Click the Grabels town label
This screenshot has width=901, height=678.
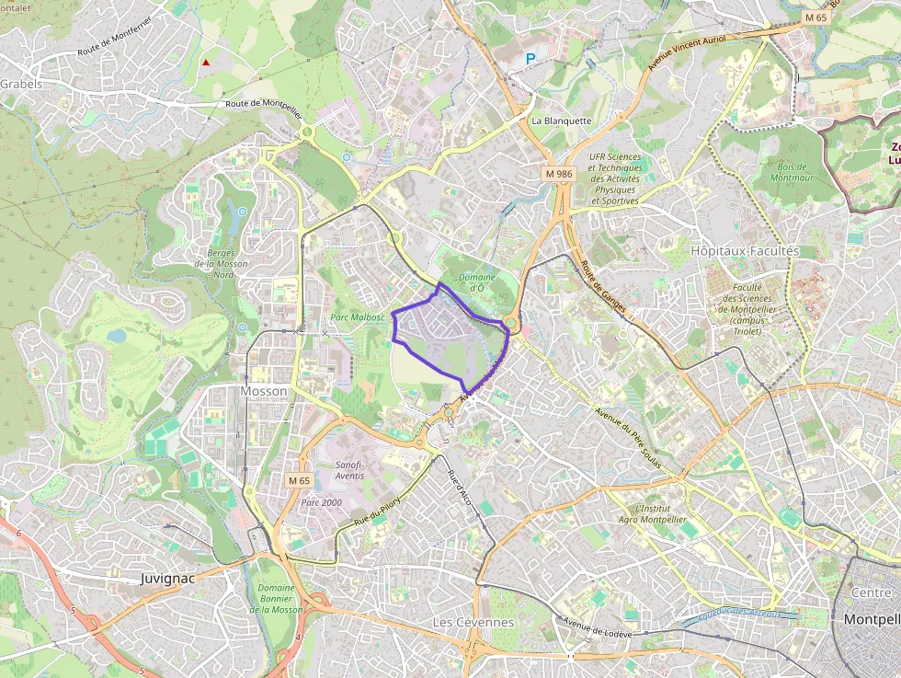[x=21, y=84]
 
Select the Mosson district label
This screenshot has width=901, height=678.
[x=263, y=391]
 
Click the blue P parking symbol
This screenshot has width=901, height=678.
[x=530, y=59]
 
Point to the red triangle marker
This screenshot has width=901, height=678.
[x=206, y=63]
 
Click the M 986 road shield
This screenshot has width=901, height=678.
[x=558, y=173]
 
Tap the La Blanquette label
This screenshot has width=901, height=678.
[x=562, y=121]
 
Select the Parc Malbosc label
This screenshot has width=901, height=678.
[x=358, y=318]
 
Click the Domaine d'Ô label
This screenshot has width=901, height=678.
[x=476, y=282]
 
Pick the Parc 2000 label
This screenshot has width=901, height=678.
[x=321, y=502]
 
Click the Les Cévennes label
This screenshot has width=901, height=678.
[x=473, y=622]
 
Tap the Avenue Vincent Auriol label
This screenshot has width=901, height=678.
[x=687, y=53]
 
